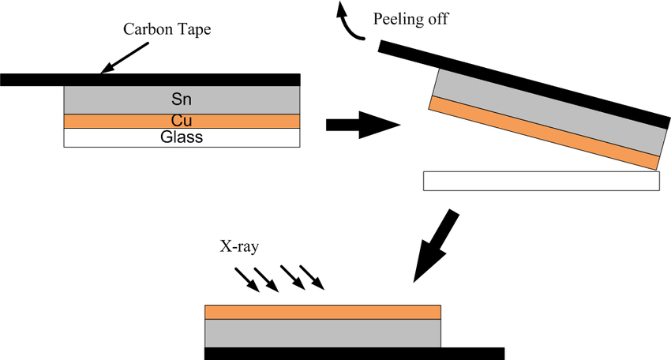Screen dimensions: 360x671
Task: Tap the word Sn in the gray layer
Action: [x=181, y=99]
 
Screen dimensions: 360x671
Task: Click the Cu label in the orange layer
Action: [x=181, y=122]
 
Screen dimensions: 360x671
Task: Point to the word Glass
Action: [x=181, y=137]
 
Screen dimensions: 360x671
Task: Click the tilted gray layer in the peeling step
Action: [x=545, y=115]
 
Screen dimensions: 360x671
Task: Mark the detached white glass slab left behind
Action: [x=542, y=180]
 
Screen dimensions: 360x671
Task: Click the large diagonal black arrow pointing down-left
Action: [x=435, y=245]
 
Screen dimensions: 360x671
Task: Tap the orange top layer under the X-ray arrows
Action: [x=322, y=311]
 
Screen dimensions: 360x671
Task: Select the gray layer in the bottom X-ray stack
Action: [x=322, y=332]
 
